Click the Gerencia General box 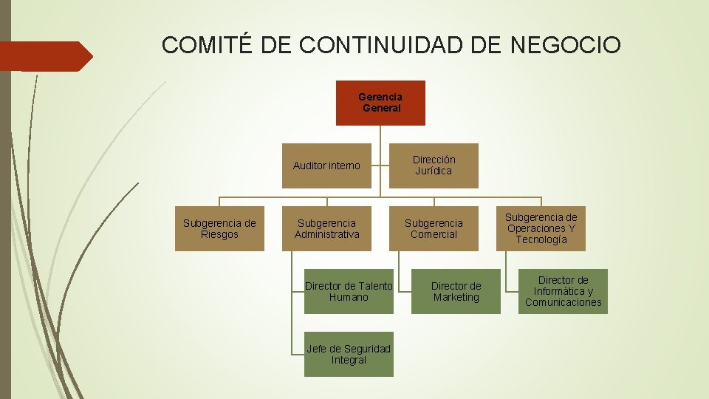pos(380,103)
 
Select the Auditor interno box pos(326,166)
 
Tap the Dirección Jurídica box pos(434,166)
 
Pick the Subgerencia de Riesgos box pos(219,228)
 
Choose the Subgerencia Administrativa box pos(326,228)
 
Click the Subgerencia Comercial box pos(434,228)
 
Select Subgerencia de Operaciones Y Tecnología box pos(541,228)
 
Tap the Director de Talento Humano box pos(349,291)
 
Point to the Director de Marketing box pos(456,291)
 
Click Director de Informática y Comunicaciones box pos(563,291)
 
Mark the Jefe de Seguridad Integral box pos(349,354)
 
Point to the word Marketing pos(456,297)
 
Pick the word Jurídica pos(434,171)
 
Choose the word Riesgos pos(219,234)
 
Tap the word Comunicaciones pos(563,302)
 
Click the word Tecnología pos(541,239)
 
